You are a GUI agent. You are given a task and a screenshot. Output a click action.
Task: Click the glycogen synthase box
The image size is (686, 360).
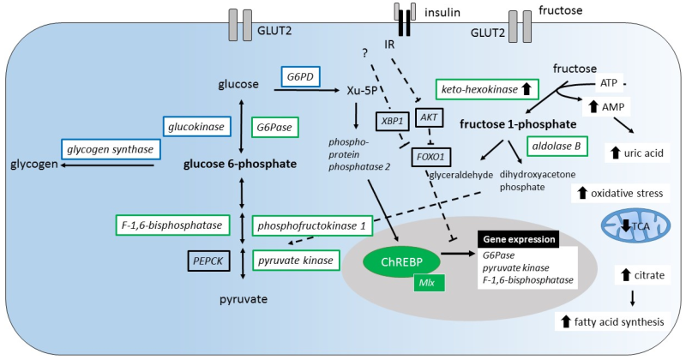[x=108, y=149]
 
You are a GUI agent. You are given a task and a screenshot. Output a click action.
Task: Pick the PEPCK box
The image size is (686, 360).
[x=210, y=259]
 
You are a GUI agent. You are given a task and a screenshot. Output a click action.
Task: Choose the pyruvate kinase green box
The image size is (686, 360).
[x=292, y=259]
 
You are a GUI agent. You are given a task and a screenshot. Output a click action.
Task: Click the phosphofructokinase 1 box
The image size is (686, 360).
[x=315, y=225]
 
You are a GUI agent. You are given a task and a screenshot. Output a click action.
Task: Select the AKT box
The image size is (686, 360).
[x=430, y=116]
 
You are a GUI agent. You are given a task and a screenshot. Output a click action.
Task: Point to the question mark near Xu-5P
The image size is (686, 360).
[x=365, y=53]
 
